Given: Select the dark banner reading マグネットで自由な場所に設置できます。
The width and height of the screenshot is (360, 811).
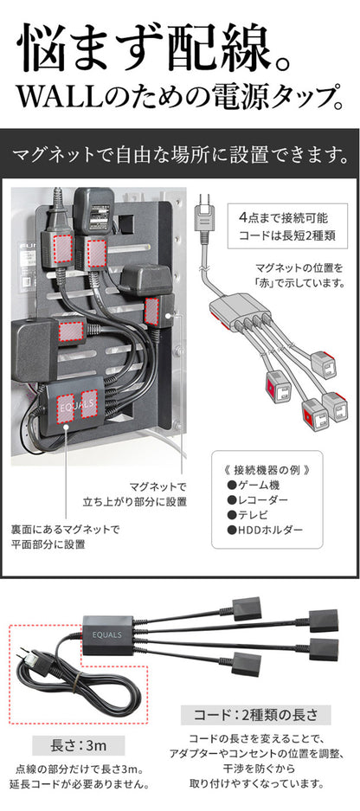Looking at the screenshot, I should [180, 157].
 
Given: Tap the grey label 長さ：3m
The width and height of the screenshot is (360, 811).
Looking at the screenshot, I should [83, 745].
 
